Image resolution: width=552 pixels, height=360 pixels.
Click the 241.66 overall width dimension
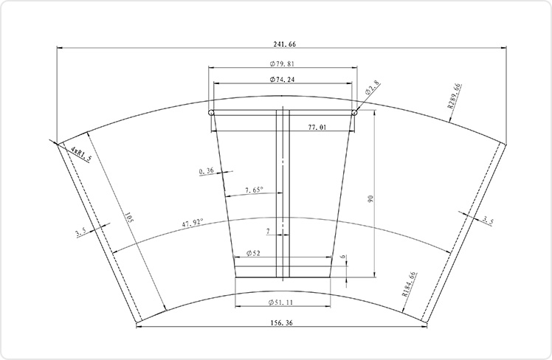pyautogui.click(x=284, y=44)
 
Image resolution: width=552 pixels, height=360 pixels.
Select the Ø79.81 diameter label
pyautogui.click(x=282, y=63)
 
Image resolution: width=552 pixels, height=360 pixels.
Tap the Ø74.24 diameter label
pyautogui.click(x=283, y=80)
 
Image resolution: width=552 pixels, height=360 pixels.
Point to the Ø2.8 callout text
pyautogui.click(x=373, y=88)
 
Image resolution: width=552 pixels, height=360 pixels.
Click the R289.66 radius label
pyautogui.click(x=454, y=96)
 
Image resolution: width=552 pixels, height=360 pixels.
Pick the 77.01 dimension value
pyautogui.click(x=317, y=127)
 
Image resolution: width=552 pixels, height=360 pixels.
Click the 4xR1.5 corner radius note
pyautogui.click(x=82, y=153)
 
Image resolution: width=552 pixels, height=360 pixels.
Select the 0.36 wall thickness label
pyautogui.click(x=207, y=171)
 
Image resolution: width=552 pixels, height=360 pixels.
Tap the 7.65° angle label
pyautogui.click(x=254, y=190)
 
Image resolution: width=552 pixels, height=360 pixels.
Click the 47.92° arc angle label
pyautogui.click(x=193, y=223)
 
